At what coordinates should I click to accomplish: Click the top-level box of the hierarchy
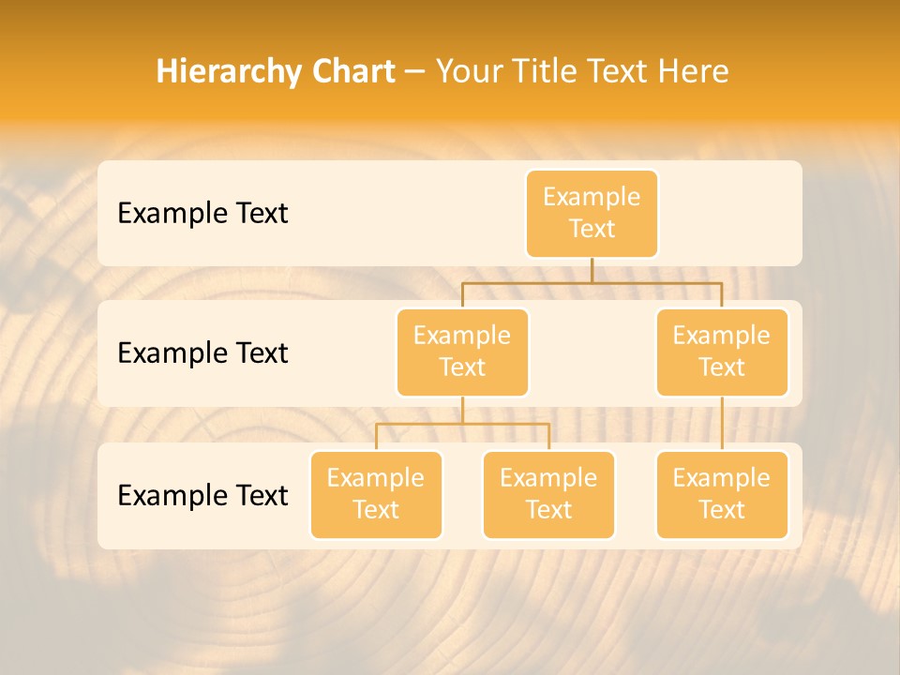(592, 213)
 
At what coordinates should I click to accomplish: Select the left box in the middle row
(462, 352)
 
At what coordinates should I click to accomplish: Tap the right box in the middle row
(722, 352)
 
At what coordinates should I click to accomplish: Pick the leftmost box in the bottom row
(376, 494)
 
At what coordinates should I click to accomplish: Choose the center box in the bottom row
(548, 494)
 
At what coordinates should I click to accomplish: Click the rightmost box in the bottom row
(722, 494)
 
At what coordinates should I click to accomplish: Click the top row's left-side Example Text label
(202, 213)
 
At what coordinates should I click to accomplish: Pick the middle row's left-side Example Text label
(202, 352)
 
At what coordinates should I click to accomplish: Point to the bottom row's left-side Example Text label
(202, 495)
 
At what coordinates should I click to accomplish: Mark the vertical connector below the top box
(592, 270)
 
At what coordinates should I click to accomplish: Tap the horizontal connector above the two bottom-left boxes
(462, 424)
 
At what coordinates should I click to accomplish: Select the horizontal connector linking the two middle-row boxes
(592, 282)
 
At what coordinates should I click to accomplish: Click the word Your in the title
(468, 72)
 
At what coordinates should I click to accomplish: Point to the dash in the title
(415, 72)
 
